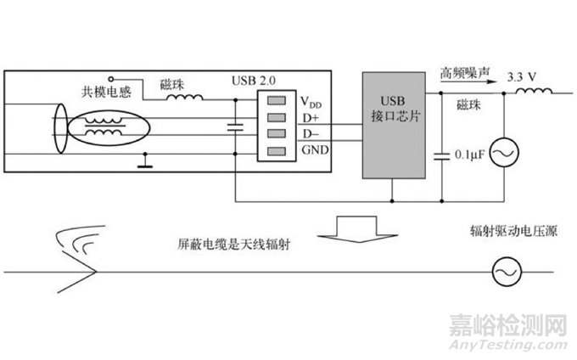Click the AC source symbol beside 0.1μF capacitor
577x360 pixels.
(x=507, y=154)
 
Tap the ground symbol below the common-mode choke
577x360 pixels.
(x=147, y=160)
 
